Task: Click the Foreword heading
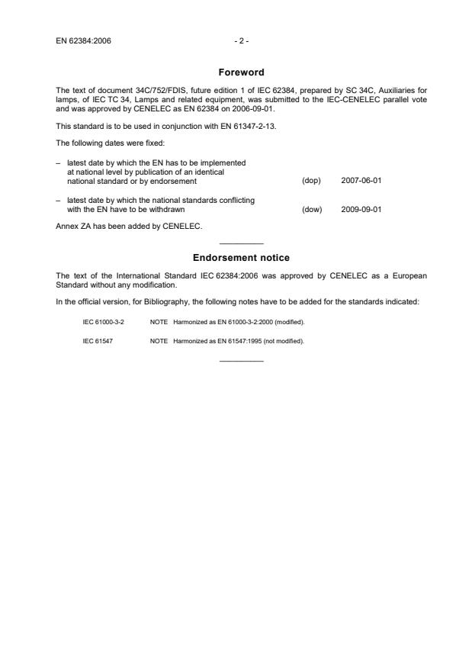pos(241,72)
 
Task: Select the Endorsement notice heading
pos(241,258)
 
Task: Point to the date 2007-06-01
pos(361,181)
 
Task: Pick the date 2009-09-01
pos(361,208)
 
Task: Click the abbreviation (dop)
pos(311,181)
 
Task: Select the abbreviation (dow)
pos(311,208)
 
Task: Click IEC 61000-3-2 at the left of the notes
pos(103,322)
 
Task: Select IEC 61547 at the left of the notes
pos(96,341)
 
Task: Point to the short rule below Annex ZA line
pos(241,243)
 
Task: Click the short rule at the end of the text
pos(241,359)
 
